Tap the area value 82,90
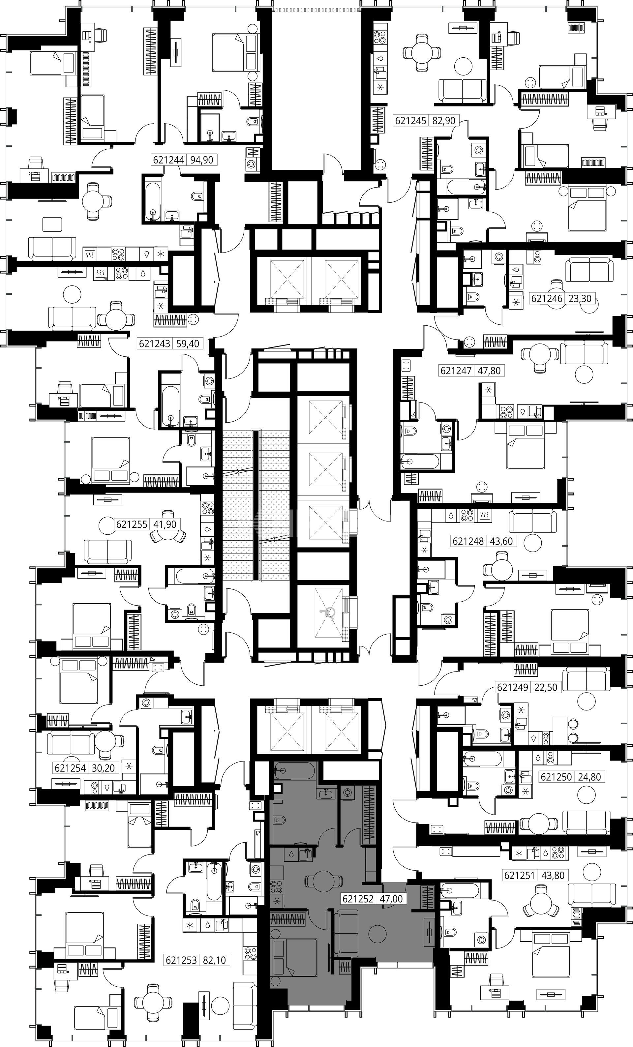443,121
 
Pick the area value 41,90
165,524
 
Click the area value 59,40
187,343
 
